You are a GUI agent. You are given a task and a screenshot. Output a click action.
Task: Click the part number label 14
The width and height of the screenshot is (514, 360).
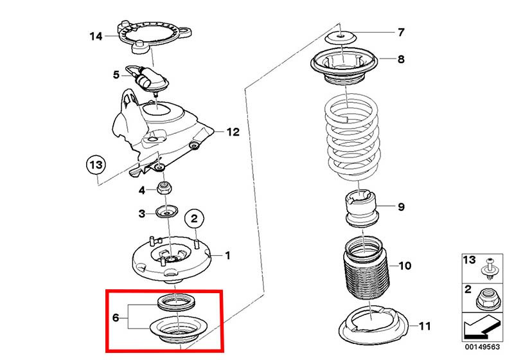tap(96, 37)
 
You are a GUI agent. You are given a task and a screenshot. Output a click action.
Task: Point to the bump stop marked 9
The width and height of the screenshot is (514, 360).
tap(360, 209)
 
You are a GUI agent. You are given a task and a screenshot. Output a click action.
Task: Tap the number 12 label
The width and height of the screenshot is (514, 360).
tap(232, 132)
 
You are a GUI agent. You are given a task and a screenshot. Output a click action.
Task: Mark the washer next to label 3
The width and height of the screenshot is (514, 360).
tap(165, 213)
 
